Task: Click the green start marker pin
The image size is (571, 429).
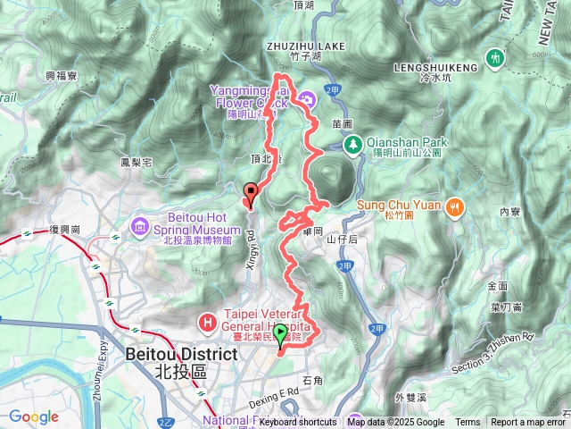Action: [x=281, y=336]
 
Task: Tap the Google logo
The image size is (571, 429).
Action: [x=34, y=416]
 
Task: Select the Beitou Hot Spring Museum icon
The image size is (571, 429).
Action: [x=140, y=223]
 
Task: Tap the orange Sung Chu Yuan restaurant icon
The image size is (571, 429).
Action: [x=455, y=206]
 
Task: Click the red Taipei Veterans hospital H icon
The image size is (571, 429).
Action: [x=207, y=320]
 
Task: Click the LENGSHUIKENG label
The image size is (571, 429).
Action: [x=436, y=67]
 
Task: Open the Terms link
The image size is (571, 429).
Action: [x=468, y=422]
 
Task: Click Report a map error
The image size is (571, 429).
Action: [x=528, y=422]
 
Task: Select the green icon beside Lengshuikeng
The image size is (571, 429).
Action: [x=495, y=58]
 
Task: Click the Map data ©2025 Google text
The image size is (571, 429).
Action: [x=396, y=422]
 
